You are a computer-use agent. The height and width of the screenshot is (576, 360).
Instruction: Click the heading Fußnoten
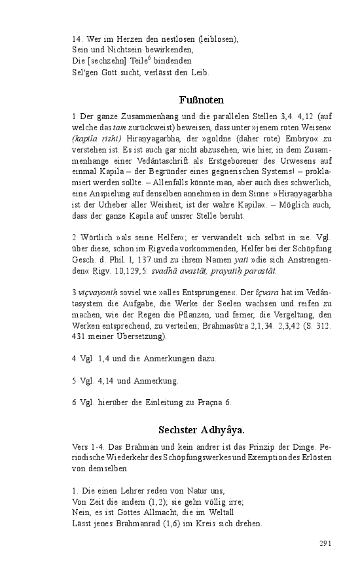pyautogui.click(x=202, y=100)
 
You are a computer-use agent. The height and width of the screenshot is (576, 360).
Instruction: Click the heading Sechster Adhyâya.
pyautogui.click(x=202, y=430)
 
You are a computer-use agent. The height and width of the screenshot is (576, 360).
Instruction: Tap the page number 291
pyautogui.click(x=327, y=544)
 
